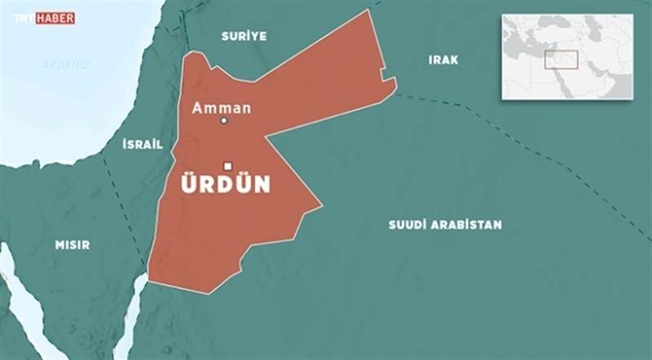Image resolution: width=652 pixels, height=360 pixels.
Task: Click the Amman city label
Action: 221,108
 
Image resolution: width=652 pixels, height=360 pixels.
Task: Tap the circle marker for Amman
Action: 224,121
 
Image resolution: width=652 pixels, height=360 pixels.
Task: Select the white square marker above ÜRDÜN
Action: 228,165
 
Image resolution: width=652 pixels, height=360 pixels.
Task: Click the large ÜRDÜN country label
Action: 225,185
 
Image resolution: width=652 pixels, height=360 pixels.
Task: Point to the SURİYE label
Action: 244,36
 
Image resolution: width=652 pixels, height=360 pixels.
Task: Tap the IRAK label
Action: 443,59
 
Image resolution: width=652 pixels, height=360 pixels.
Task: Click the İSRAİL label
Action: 142,144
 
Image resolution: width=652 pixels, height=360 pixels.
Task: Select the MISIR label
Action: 72,244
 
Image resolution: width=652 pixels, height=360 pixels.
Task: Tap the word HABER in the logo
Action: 55,17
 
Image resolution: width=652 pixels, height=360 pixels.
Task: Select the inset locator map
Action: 566,57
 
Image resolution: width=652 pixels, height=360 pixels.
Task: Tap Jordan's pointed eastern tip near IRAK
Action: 395,81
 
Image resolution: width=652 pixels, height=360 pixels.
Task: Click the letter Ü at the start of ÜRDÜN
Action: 189,184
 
